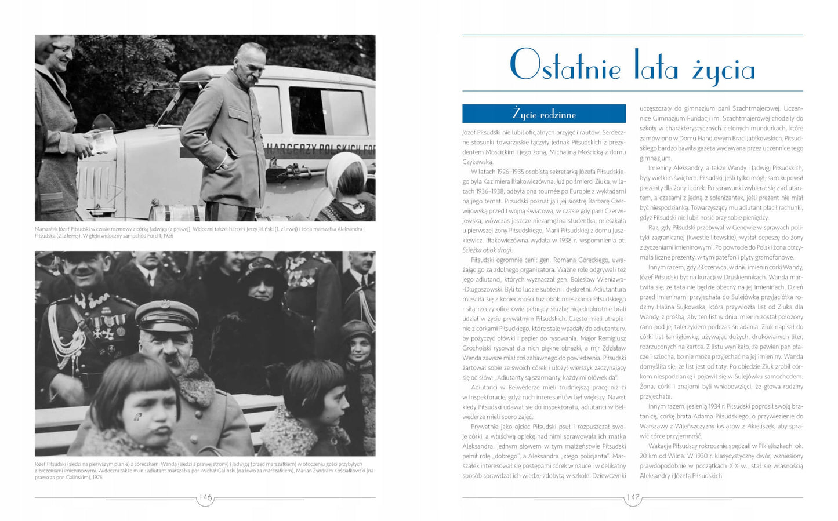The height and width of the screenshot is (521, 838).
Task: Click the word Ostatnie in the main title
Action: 565,65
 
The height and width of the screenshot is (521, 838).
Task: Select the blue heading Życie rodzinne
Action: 543,114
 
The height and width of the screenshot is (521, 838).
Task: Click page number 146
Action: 206,497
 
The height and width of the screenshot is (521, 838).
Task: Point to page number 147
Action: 633,497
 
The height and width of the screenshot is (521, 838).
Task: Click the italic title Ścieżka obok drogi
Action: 487,250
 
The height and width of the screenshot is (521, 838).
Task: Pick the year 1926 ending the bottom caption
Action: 96,478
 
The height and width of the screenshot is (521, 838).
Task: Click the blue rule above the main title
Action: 632,35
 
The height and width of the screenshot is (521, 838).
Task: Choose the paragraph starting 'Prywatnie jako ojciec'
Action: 543,451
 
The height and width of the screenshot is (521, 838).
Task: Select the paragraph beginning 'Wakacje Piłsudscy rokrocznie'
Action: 721,461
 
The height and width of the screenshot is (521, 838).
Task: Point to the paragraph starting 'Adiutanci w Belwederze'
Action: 543,402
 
